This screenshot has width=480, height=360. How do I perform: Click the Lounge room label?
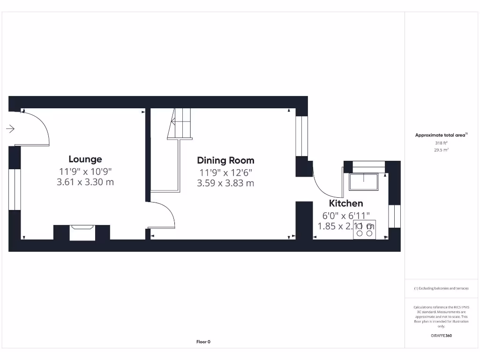pos(85,159)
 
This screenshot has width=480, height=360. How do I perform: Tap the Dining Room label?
pos(225,161)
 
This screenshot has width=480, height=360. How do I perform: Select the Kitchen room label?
pos(346,203)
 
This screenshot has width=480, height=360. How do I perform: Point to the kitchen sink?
pos(363,181)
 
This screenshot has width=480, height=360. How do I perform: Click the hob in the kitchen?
pos(364,230)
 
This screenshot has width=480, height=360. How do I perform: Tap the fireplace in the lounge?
pos(82,232)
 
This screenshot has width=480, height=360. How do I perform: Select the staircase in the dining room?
pos(180,124)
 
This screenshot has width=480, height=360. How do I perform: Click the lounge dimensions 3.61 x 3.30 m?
pos(85,182)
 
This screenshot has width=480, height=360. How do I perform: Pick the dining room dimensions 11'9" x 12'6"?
pos(225,172)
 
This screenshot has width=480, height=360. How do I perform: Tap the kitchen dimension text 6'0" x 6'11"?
pos(346,216)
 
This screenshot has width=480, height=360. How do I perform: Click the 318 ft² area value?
pos(441,143)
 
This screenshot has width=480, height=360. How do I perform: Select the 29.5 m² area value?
pos(441,150)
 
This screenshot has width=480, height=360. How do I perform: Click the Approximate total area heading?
pos(441,135)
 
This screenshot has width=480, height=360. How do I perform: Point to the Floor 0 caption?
pos(203,342)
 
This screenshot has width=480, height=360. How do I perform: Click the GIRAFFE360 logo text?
pos(441,336)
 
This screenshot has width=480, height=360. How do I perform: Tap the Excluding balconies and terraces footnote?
pos(441,288)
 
